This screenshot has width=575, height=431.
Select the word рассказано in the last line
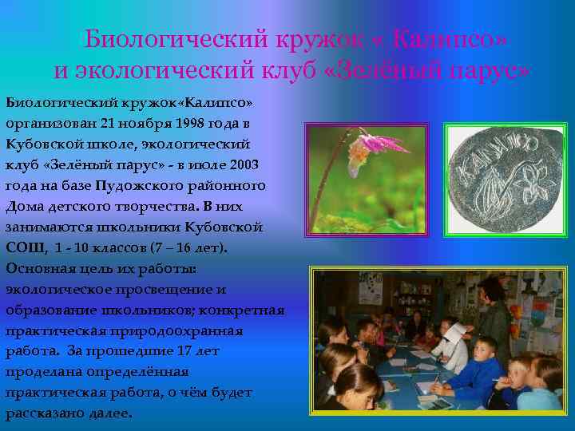pyautogui.click(x=42, y=413)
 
